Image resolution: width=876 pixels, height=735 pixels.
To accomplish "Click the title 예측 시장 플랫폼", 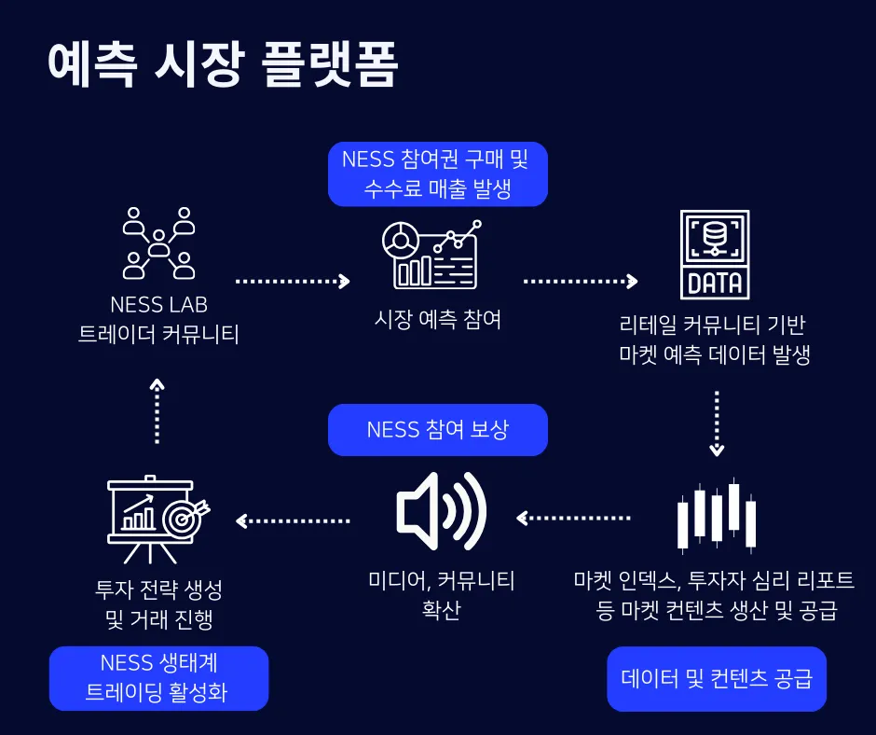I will [223, 65].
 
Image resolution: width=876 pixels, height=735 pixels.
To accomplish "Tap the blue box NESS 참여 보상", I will [437, 430].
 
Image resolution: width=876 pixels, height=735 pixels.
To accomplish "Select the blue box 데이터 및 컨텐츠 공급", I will [717, 678].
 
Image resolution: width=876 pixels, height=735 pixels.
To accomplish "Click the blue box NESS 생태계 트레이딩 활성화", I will [157, 678].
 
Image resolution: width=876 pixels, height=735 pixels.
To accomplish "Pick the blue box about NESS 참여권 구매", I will [437, 173].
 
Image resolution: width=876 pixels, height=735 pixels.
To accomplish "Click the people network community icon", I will [158, 243].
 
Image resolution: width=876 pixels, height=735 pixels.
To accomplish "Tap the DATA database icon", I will [714, 254].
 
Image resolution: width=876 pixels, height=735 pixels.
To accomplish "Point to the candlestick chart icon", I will [717, 515].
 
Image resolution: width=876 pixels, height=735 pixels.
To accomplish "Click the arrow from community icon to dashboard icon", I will [293, 280].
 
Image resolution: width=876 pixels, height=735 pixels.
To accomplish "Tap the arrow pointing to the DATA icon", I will [581, 280].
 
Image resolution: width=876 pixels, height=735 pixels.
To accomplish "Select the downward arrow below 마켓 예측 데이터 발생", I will [716, 423].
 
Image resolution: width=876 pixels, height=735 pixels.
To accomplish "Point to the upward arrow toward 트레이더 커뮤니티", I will [157, 410].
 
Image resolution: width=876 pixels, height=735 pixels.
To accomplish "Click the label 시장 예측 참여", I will [437, 319].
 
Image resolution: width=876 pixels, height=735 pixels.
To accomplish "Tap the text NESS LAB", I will [158, 305].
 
